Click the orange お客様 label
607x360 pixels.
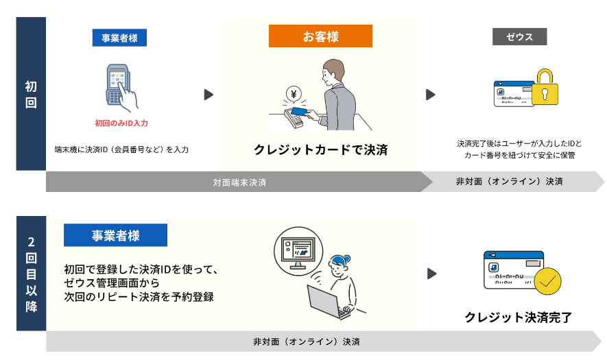point(320,36)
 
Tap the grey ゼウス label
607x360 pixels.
point(519,36)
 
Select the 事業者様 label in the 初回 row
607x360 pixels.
point(119,38)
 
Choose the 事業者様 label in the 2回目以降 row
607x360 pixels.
point(115,235)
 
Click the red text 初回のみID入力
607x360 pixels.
point(121,123)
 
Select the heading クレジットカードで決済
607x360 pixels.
point(320,149)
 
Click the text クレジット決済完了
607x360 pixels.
point(518,317)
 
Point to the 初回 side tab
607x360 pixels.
point(31,94)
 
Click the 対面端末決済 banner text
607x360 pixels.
point(239,182)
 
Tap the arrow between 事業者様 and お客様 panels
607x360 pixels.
point(209,95)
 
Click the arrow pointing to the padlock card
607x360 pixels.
point(431,95)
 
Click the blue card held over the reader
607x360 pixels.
point(300,110)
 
